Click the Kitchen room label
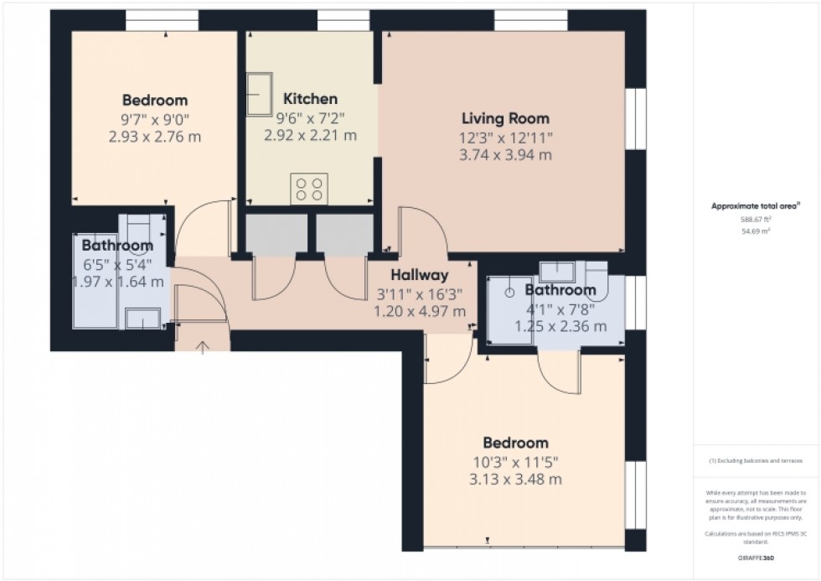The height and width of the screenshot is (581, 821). point(310,99)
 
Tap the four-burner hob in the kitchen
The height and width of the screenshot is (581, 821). point(308,189)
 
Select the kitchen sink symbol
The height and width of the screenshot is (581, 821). point(260,93)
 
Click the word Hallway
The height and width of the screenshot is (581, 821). point(420,274)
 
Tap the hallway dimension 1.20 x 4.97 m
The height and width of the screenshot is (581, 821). point(420,311)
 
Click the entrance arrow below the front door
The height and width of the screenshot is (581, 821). point(202,345)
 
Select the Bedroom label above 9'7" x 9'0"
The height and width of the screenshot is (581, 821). point(155,100)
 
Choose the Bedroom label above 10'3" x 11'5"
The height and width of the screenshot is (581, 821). point(515,443)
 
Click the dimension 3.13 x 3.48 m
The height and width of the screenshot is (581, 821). point(515,480)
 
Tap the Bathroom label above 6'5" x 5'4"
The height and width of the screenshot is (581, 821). point(117,246)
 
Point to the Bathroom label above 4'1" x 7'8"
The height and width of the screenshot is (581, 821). point(560,290)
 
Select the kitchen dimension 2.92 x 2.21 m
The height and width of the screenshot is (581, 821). point(310,135)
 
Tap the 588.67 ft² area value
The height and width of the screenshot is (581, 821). point(756,219)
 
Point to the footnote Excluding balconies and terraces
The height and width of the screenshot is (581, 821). point(756,461)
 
